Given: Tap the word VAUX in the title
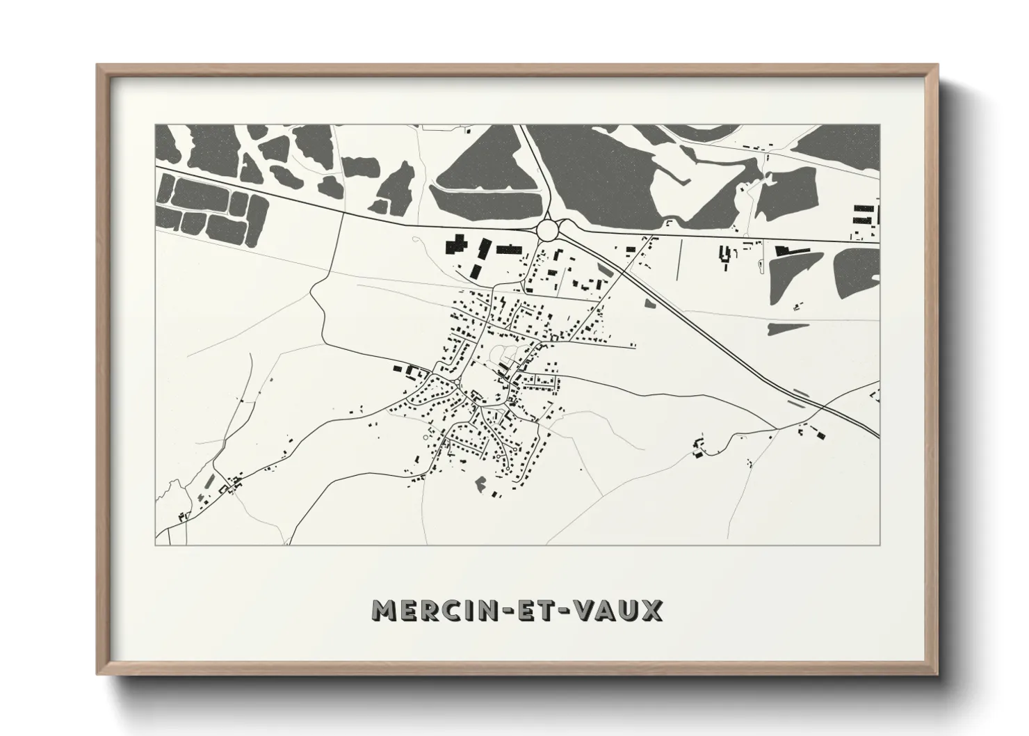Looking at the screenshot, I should pos(620,611).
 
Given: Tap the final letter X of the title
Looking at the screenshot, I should pos(651,611).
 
